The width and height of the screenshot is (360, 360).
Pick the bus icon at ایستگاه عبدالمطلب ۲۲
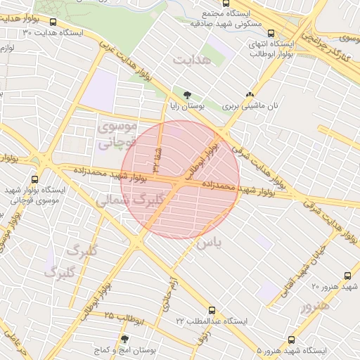click(212, 309)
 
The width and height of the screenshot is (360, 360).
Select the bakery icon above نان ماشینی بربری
click(250, 95)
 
